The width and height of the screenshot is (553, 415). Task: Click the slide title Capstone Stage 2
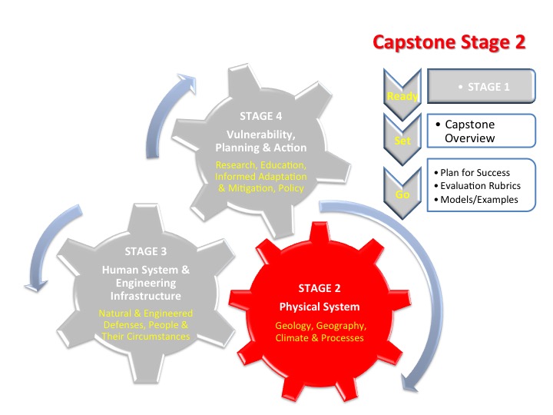tap(449, 41)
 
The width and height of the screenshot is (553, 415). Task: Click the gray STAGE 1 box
tap(481, 88)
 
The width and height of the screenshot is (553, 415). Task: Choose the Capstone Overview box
tap(481, 131)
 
